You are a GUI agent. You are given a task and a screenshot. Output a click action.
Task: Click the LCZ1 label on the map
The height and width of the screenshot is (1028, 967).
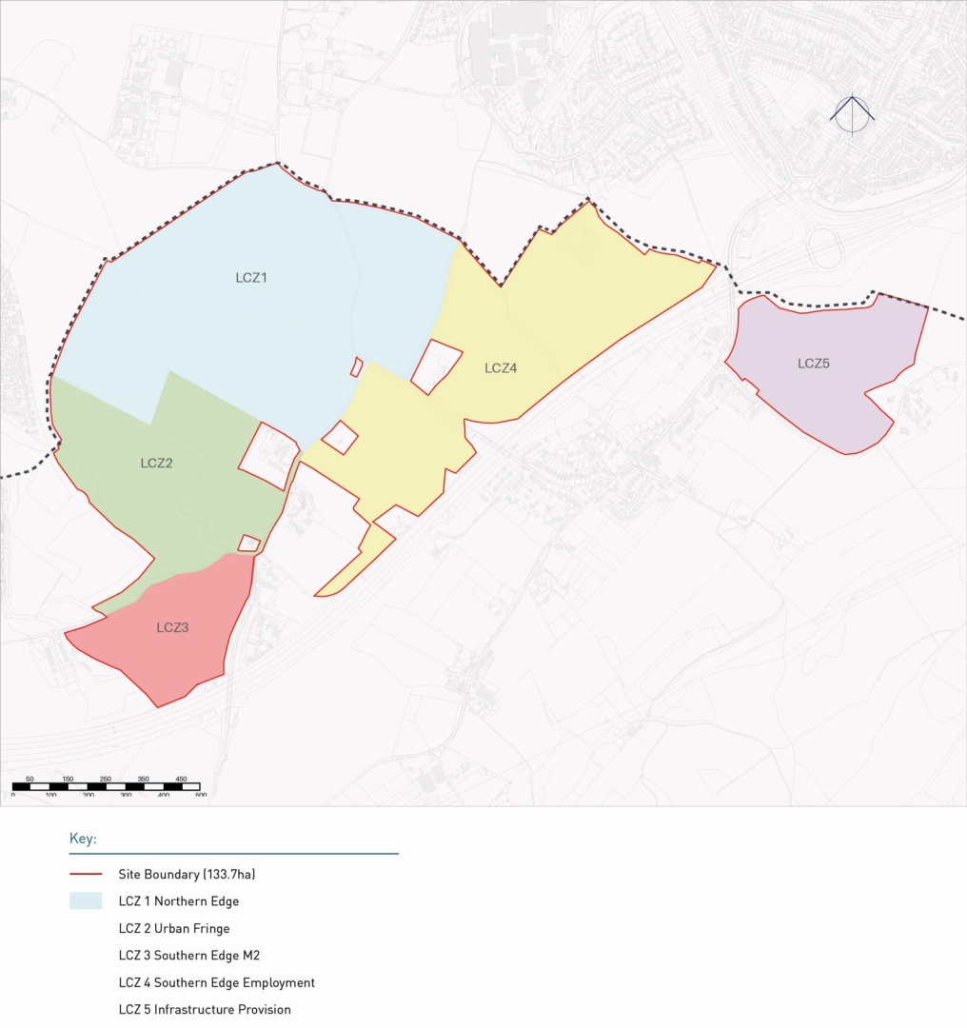(251, 278)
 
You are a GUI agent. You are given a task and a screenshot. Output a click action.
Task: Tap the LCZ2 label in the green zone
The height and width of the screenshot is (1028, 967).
(156, 464)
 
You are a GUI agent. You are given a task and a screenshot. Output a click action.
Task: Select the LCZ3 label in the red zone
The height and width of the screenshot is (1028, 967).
(172, 627)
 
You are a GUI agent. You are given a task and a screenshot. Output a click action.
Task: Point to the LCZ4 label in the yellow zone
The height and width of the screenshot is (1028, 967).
(501, 368)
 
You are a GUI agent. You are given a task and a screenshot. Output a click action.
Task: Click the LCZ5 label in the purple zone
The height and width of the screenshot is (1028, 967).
(814, 363)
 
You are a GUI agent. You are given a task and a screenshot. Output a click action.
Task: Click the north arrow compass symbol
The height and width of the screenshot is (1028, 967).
(852, 114)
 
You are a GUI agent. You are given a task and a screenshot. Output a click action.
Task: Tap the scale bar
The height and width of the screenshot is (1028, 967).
(106, 787)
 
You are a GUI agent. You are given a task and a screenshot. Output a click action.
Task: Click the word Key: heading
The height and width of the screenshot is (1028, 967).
(83, 840)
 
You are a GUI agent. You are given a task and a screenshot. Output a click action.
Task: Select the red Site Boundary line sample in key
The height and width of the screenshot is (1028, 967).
(86, 874)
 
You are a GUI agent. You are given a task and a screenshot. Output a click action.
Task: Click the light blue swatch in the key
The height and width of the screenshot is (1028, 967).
(86, 901)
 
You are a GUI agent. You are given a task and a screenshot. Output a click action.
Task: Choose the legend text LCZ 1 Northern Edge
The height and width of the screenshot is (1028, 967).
(179, 901)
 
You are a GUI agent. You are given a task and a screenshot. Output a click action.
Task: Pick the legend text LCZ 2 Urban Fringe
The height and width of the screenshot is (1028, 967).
(174, 928)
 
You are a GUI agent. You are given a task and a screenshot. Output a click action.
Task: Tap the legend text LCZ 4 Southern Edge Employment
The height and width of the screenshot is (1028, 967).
(217, 982)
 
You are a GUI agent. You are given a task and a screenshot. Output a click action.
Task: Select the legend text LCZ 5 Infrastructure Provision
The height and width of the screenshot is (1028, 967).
(205, 1010)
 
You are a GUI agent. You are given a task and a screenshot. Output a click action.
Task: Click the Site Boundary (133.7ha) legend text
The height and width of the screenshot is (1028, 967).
(187, 874)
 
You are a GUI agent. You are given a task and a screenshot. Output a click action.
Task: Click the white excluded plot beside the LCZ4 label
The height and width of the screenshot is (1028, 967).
(436, 366)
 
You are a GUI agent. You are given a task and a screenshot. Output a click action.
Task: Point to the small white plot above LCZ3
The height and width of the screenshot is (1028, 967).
(249, 544)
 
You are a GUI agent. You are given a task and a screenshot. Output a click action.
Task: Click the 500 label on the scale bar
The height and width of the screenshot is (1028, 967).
(201, 795)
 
